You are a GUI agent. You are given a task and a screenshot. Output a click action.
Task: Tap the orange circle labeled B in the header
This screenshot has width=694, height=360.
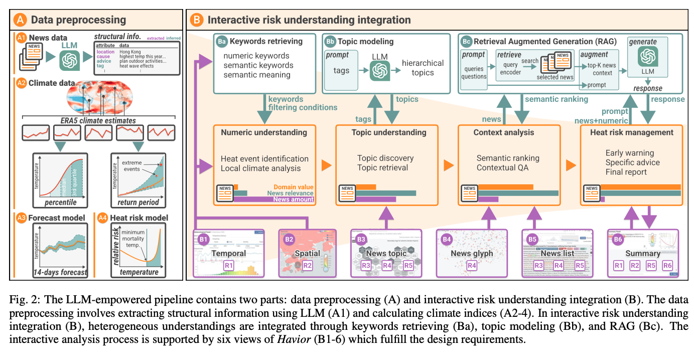[197, 20]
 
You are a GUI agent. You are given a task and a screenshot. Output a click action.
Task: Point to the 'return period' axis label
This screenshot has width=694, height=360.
[138, 203]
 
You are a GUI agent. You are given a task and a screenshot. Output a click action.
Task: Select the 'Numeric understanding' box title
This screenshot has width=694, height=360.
[264, 133]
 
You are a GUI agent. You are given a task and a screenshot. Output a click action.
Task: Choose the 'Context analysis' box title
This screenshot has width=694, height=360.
[504, 133]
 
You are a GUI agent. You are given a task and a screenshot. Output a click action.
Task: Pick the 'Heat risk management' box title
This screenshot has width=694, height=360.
[630, 133]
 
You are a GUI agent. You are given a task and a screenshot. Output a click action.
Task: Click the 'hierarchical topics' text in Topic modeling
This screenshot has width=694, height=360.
[423, 68]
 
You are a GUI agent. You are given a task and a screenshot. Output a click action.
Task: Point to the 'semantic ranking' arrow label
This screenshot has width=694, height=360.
[557, 99]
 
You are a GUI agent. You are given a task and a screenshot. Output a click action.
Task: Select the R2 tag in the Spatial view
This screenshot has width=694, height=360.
[307, 265]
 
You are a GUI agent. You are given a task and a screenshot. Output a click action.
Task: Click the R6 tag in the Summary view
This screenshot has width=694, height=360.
[667, 265]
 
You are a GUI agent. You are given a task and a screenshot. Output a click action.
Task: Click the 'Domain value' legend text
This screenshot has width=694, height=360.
[294, 187]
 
